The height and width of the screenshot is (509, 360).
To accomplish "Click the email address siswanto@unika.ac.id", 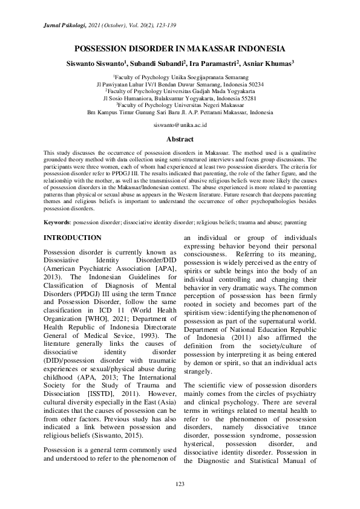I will click(x=180, y=123).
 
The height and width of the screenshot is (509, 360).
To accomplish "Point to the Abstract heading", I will click(x=180, y=139).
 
